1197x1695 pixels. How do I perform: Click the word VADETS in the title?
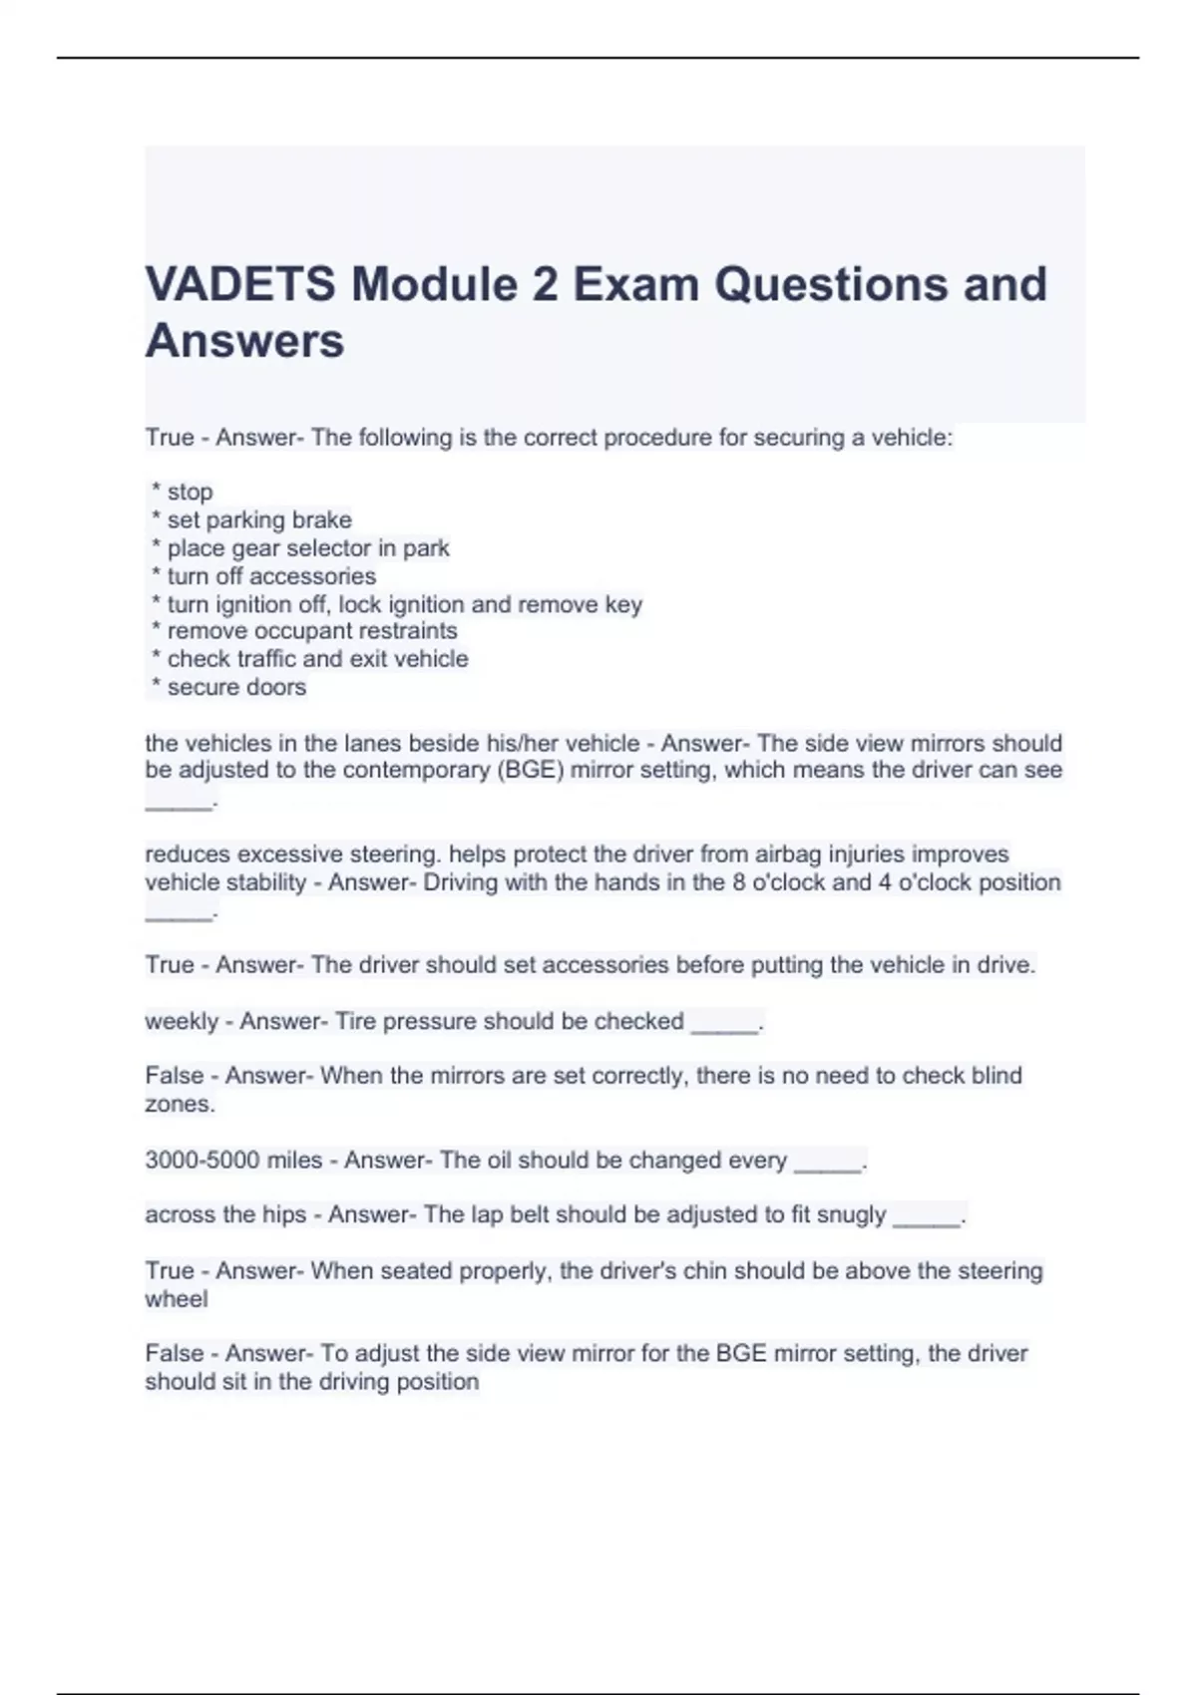click(240, 284)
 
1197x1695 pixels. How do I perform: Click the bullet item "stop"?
click(190, 492)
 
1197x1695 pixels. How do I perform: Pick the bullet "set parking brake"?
click(258, 519)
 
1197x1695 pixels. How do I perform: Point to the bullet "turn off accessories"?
click(270, 576)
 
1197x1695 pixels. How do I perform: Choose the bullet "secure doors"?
click(236, 687)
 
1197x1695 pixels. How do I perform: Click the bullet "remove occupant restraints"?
click(311, 631)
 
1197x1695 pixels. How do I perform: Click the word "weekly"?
click(181, 1021)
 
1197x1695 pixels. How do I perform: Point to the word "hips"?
click(284, 1214)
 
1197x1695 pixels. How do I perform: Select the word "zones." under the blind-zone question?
click(180, 1104)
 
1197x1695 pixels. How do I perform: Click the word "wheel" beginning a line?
click(176, 1299)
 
